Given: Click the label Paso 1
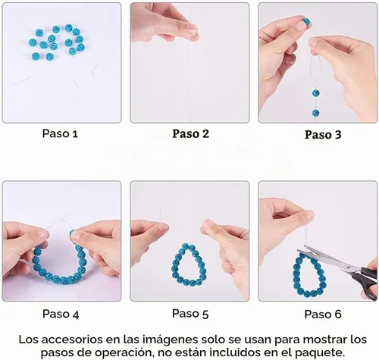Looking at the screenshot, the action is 60,133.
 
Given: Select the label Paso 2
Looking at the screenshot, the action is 191,133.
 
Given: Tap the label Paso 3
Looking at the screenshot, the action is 323,134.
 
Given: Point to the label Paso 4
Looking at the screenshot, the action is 61,314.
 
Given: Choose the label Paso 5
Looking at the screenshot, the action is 190,314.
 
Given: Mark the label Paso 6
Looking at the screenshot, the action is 323,315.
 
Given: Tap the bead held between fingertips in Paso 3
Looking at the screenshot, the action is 306,21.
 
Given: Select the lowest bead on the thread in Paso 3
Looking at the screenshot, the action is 315,113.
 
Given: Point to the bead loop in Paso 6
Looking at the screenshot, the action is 296,275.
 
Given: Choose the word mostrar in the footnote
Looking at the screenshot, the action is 324,340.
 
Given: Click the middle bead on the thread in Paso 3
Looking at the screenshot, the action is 315,93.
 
